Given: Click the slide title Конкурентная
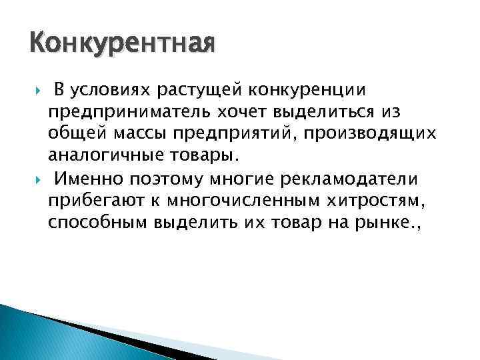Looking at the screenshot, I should [x=122, y=45].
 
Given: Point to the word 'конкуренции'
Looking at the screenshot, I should [x=307, y=89].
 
